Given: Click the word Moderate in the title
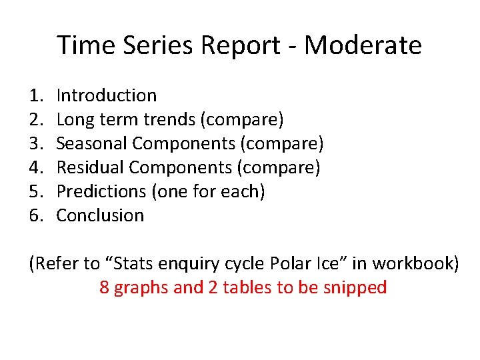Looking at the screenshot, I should (x=363, y=45).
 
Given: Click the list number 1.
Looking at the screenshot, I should (x=35, y=96).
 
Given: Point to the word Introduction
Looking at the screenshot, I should (x=107, y=96).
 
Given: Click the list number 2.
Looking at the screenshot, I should (x=35, y=120).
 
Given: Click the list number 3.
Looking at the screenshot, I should (x=35, y=144).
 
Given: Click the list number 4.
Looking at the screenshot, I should (x=35, y=168).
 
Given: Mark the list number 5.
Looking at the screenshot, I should (x=35, y=192).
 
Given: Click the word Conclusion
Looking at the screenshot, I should (x=100, y=216).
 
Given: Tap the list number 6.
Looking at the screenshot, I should (x=35, y=216).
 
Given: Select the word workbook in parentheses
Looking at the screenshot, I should (x=413, y=264).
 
